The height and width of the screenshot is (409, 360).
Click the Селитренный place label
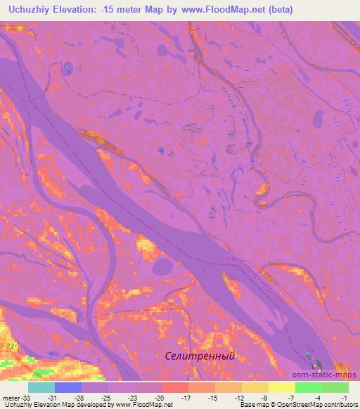pyautogui.click(x=198, y=356)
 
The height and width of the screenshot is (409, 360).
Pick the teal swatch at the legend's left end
pyautogui.click(x=41, y=387)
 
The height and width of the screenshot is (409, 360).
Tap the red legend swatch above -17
pyautogui.click(x=175, y=387)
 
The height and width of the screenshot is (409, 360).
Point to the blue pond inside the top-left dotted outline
pyautogui.click(x=67, y=67)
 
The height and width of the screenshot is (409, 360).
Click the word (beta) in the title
pyautogui.click(x=278, y=10)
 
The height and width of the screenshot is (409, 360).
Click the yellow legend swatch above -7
pyautogui.click(x=282, y=387)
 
